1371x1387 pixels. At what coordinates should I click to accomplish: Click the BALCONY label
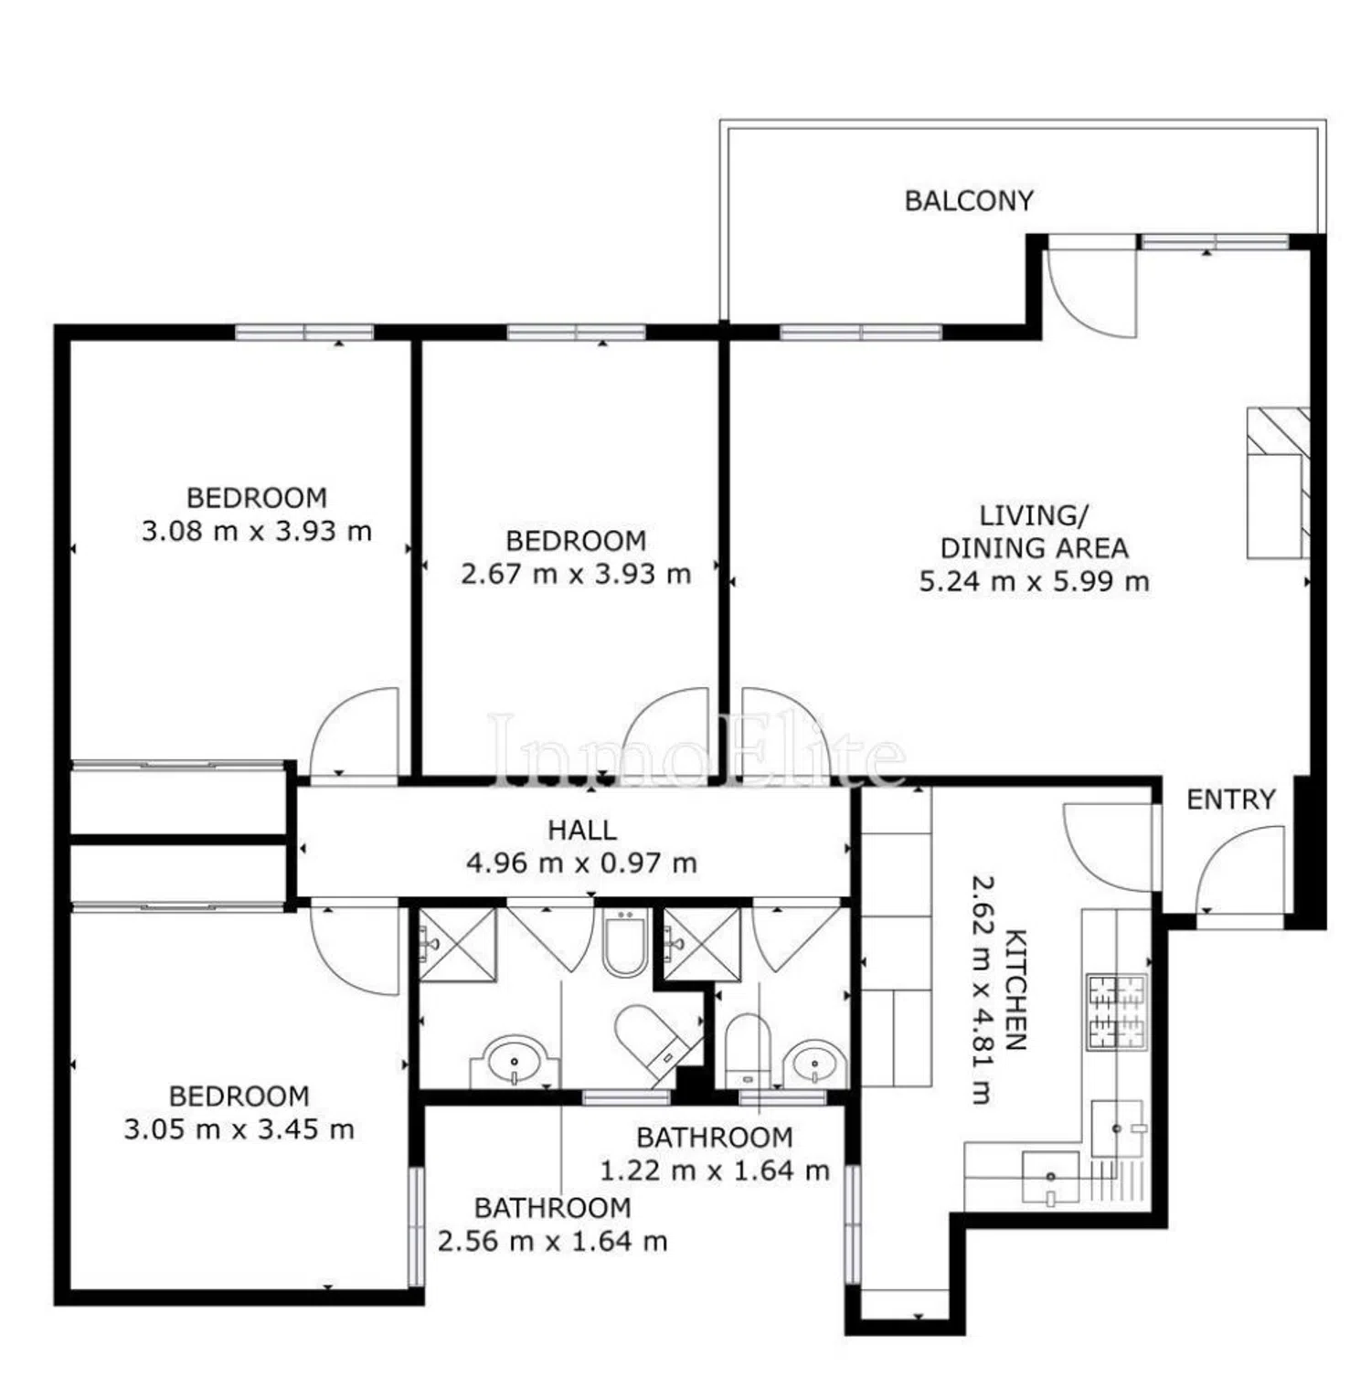[969, 200]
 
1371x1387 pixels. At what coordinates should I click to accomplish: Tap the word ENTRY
[1230, 799]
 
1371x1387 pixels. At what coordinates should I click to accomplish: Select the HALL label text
[582, 830]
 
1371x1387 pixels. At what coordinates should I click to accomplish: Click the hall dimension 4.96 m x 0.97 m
[582, 863]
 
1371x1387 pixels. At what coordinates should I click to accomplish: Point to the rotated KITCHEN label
[1015, 990]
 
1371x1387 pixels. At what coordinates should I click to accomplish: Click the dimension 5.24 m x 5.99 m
[1034, 581]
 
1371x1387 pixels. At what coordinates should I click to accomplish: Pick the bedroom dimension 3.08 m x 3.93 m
[257, 531]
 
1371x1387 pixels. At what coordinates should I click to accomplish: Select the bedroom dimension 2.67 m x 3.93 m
[576, 574]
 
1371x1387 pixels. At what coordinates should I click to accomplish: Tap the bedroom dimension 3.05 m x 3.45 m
[239, 1129]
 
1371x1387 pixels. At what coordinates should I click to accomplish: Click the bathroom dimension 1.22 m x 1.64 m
[715, 1170]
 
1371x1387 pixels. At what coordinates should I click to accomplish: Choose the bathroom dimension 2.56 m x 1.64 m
[553, 1241]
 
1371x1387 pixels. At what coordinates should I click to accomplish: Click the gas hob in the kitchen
[1116, 1011]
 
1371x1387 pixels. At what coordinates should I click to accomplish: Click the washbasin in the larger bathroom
[515, 1062]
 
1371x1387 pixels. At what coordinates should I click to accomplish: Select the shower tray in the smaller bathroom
[702, 944]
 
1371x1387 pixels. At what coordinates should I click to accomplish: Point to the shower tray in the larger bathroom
[457, 944]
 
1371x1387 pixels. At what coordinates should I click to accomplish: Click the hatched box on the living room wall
[1279, 482]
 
